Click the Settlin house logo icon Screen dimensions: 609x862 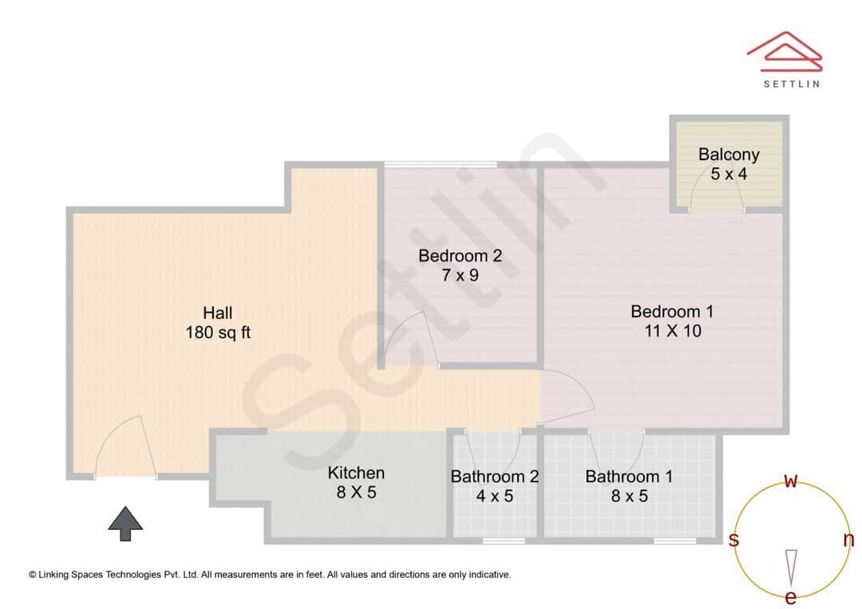[x=784, y=50]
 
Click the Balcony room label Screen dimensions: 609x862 [x=729, y=155]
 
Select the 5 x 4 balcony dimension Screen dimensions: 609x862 [x=729, y=173]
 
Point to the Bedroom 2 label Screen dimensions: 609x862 [x=461, y=256]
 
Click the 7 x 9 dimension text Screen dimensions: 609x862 [x=461, y=275]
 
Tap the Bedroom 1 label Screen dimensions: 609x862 [x=672, y=311]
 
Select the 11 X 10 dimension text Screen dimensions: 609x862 [x=672, y=330]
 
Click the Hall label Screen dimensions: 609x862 [x=217, y=312]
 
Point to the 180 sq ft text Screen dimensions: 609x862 [x=217, y=332]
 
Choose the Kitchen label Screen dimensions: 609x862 [x=356, y=473]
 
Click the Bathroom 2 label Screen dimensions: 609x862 [x=495, y=477]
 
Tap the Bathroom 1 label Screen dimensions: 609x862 [x=629, y=477]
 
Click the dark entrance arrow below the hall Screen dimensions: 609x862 [x=125, y=524]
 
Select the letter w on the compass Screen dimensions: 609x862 [x=791, y=481]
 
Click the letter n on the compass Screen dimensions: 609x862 [x=848, y=540]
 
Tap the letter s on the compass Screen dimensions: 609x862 [x=733, y=540]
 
